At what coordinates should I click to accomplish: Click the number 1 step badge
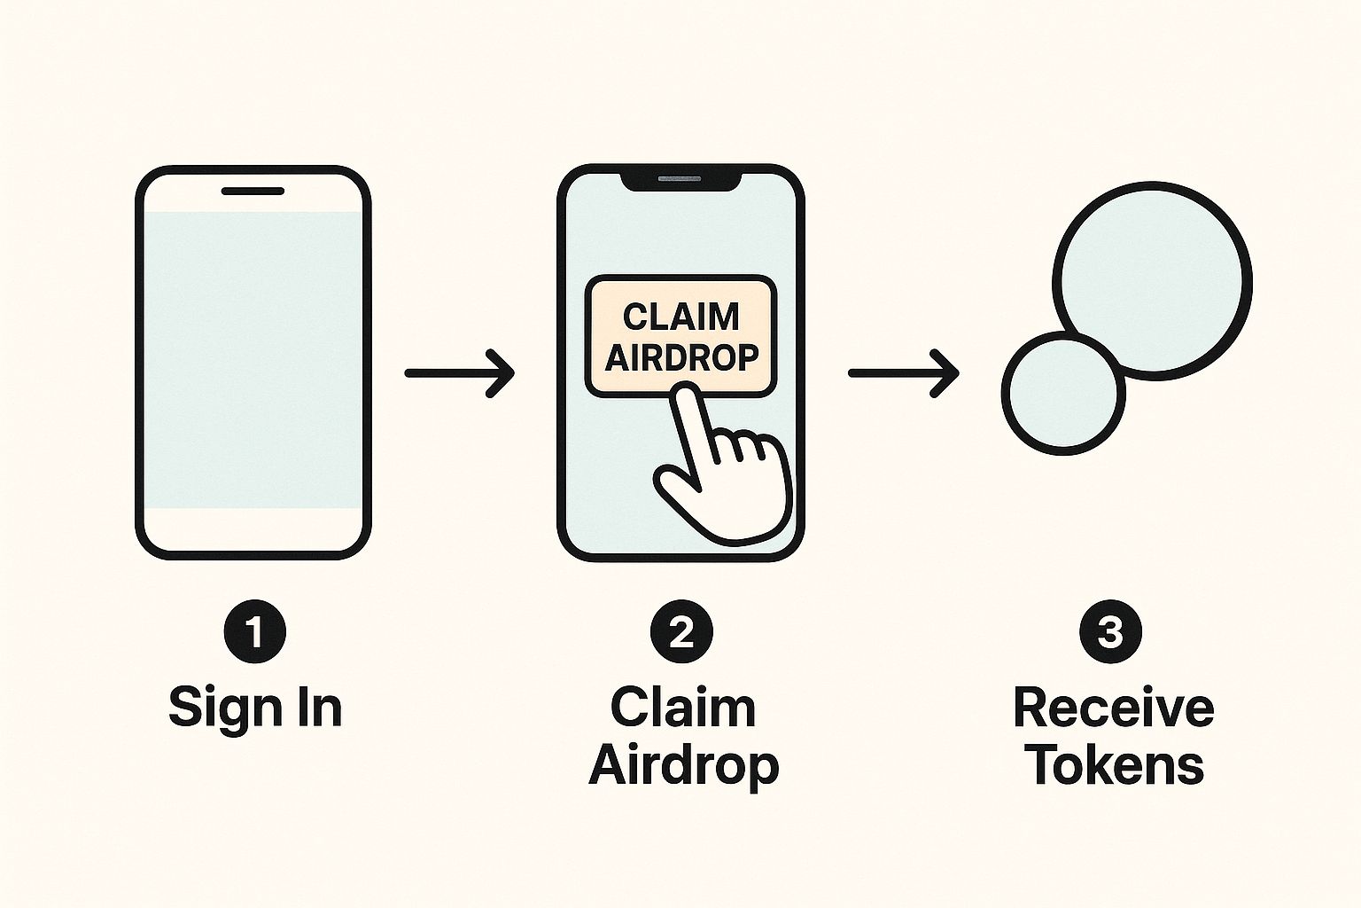point(254,633)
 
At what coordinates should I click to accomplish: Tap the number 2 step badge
point(680,633)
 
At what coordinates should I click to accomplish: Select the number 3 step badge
point(1110,633)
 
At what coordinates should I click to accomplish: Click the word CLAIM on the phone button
point(680,317)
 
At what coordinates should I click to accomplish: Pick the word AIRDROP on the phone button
point(680,357)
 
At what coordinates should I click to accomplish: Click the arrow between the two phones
point(459,373)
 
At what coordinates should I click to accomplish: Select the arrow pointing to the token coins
point(903,373)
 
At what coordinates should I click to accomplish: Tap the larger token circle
point(1153,279)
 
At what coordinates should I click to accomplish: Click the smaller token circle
point(1062,393)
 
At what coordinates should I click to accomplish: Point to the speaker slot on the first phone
point(253,191)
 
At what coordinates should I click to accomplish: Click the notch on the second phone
point(680,181)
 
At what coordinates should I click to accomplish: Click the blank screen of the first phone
point(253,359)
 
